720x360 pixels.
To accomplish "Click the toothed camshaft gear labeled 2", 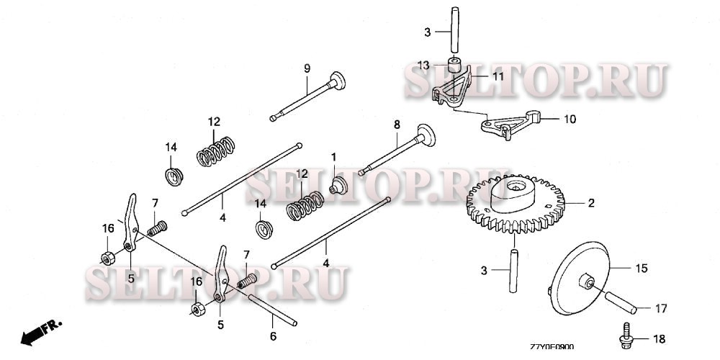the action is coord(516,204).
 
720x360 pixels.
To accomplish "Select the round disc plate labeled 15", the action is coord(580,278).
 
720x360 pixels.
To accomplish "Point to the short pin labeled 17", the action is coord(621,302).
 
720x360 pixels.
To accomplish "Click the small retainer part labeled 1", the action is coord(338,185).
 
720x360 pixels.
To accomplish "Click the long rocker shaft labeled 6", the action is coord(272,310).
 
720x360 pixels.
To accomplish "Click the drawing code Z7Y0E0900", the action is coord(552,348).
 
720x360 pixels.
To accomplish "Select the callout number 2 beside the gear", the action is coord(591,202).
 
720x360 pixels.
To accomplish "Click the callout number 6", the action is coord(273,336).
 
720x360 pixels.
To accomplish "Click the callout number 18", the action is coord(659,339).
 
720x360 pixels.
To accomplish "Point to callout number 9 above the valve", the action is coord(307,68).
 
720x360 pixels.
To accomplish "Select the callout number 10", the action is coord(570,120).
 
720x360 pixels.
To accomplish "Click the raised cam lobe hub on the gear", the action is coord(513,194).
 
